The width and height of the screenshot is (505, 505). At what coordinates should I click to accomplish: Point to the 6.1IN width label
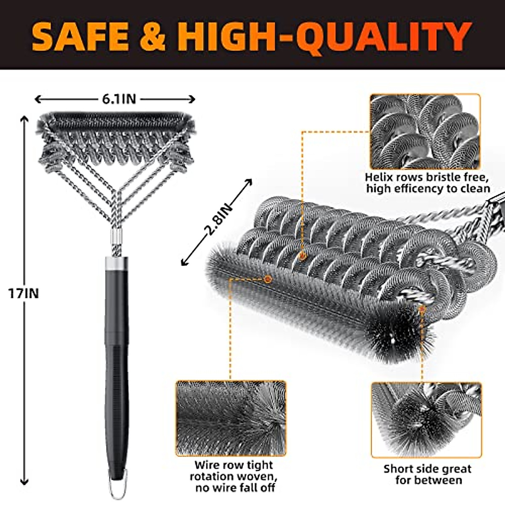(119, 99)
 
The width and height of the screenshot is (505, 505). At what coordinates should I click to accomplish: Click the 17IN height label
(24, 293)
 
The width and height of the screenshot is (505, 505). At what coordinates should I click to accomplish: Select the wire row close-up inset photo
(231, 418)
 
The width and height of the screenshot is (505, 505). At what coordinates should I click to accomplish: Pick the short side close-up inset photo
(426, 420)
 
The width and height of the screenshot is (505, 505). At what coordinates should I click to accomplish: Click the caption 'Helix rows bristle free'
(428, 177)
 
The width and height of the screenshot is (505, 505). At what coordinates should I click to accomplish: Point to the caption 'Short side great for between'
(427, 474)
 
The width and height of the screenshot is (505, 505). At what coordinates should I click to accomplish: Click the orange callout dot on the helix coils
(302, 255)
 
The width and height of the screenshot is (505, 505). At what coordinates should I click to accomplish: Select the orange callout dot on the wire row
(267, 279)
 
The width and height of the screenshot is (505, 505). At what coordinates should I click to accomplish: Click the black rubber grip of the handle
(117, 379)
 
